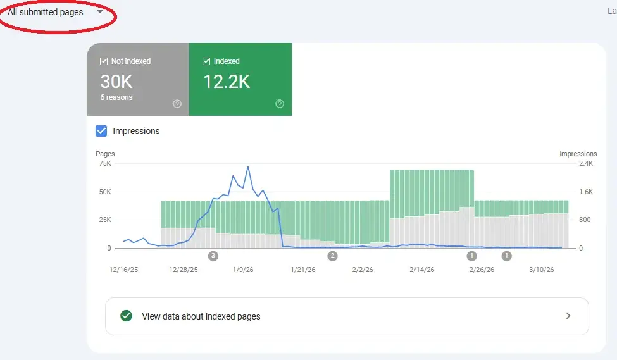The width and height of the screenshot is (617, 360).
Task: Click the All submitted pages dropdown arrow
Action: click(100, 11)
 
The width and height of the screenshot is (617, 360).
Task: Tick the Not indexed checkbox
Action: click(104, 61)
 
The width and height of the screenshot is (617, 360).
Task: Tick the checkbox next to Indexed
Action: click(206, 61)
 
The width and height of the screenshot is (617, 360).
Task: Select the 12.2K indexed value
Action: click(226, 81)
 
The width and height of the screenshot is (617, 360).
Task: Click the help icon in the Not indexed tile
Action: click(177, 104)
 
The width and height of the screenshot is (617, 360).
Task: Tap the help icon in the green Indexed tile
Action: click(280, 104)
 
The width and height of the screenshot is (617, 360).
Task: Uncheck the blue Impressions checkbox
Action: click(101, 131)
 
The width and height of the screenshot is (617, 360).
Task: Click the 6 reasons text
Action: click(116, 97)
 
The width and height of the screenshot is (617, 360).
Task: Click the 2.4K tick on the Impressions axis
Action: click(585, 163)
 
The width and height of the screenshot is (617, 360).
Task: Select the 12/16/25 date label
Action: click(123, 270)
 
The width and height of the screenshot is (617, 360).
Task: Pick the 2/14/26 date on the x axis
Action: click(421, 270)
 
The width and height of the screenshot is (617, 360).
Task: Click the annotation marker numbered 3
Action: click(213, 256)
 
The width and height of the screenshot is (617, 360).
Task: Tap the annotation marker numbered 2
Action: click(332, 256)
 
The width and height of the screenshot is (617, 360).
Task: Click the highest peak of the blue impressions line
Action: click(248, 166)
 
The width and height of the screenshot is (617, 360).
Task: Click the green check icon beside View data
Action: click(126, 316)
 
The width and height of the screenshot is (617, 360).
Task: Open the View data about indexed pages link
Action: click(201, 316)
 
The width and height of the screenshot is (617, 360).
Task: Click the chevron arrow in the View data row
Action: click(568, 316)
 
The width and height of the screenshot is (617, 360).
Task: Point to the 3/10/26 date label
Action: click(540, 270)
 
